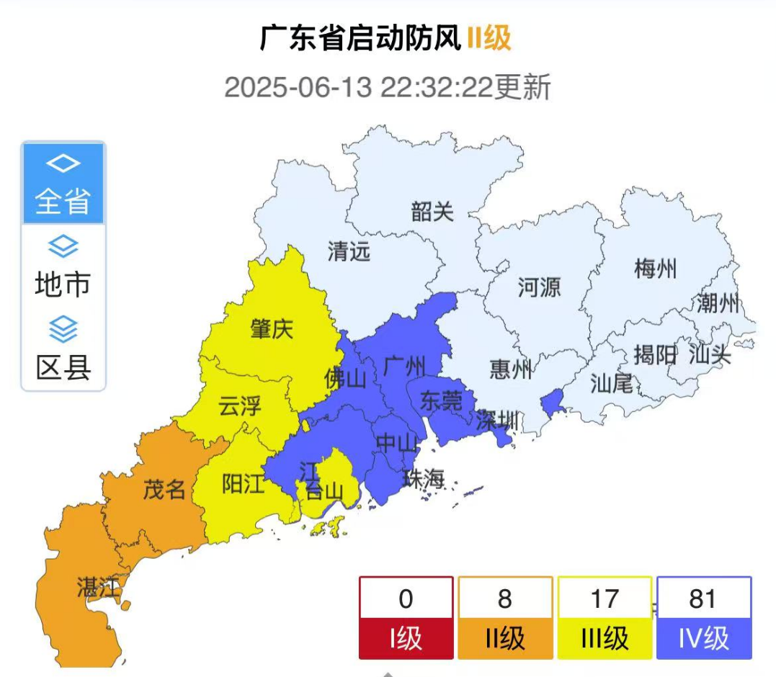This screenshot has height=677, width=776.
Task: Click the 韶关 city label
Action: click(432, 212)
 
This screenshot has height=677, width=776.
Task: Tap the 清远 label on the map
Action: click(349, 251)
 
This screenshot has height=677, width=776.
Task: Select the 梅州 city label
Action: click(655, 269)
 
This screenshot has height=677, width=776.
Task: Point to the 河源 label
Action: click(539, 288)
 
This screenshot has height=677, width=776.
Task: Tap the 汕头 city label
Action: click(710, 354)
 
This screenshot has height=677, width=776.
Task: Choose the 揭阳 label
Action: click(655, 354)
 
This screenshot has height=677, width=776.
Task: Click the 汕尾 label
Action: click(611, 383)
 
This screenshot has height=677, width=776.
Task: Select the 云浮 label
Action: click(240, 407)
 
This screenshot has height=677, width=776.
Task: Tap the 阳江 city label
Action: click(243, 485)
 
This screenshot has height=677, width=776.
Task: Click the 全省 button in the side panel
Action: click(63, 184)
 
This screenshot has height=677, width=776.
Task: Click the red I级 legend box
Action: click(406, 639)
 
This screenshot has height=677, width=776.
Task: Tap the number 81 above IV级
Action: click(703, 598)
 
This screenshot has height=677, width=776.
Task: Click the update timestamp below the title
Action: click(388, 88)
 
